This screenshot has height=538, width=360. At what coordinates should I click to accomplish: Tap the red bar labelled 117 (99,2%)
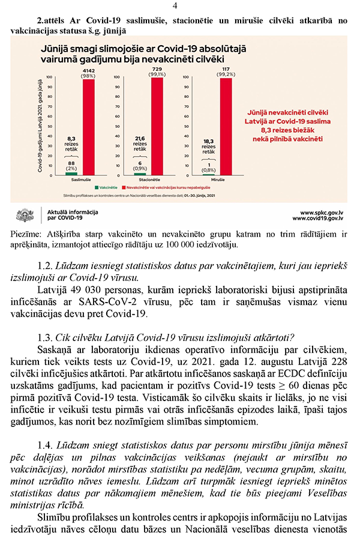[x=226, y=126]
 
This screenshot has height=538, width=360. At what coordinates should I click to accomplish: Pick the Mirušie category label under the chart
[x=218, y=180]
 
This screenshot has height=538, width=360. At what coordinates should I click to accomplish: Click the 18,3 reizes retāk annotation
[x=208, y=146]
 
